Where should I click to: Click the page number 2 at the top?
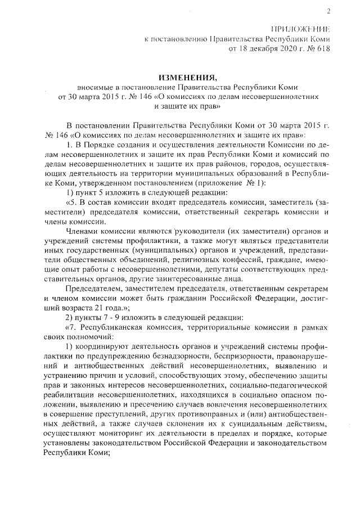point(328,11)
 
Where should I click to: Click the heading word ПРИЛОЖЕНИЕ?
point(301,29)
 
